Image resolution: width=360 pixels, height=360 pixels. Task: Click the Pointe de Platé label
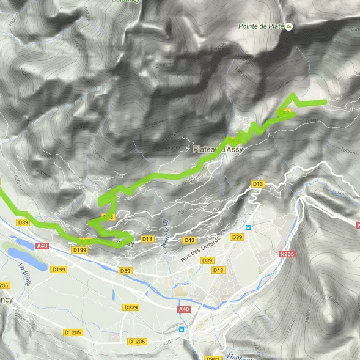(261, 26)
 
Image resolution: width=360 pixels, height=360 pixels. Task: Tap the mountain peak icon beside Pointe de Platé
(289, 26)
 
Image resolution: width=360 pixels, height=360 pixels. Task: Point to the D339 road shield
(130, 307)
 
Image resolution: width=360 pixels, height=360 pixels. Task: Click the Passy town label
(124, 243)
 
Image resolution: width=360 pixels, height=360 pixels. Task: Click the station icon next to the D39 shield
(248, 228)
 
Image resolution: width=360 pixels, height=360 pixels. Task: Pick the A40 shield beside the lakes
(42, 246)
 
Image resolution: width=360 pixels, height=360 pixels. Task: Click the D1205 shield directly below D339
(136, 341)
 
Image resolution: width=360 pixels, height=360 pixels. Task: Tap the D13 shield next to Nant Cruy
(147, 238)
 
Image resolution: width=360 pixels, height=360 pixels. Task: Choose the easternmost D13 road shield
(257, 183)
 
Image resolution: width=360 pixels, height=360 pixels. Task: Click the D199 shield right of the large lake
(59, 269)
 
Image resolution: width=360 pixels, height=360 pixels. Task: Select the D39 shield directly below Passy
(125, 270)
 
